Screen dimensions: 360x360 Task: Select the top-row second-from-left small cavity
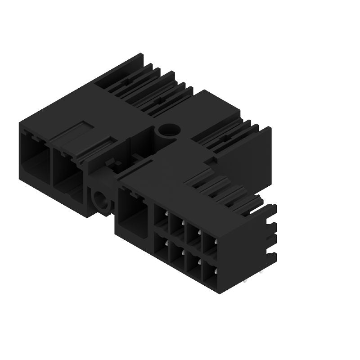click(177, 226)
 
